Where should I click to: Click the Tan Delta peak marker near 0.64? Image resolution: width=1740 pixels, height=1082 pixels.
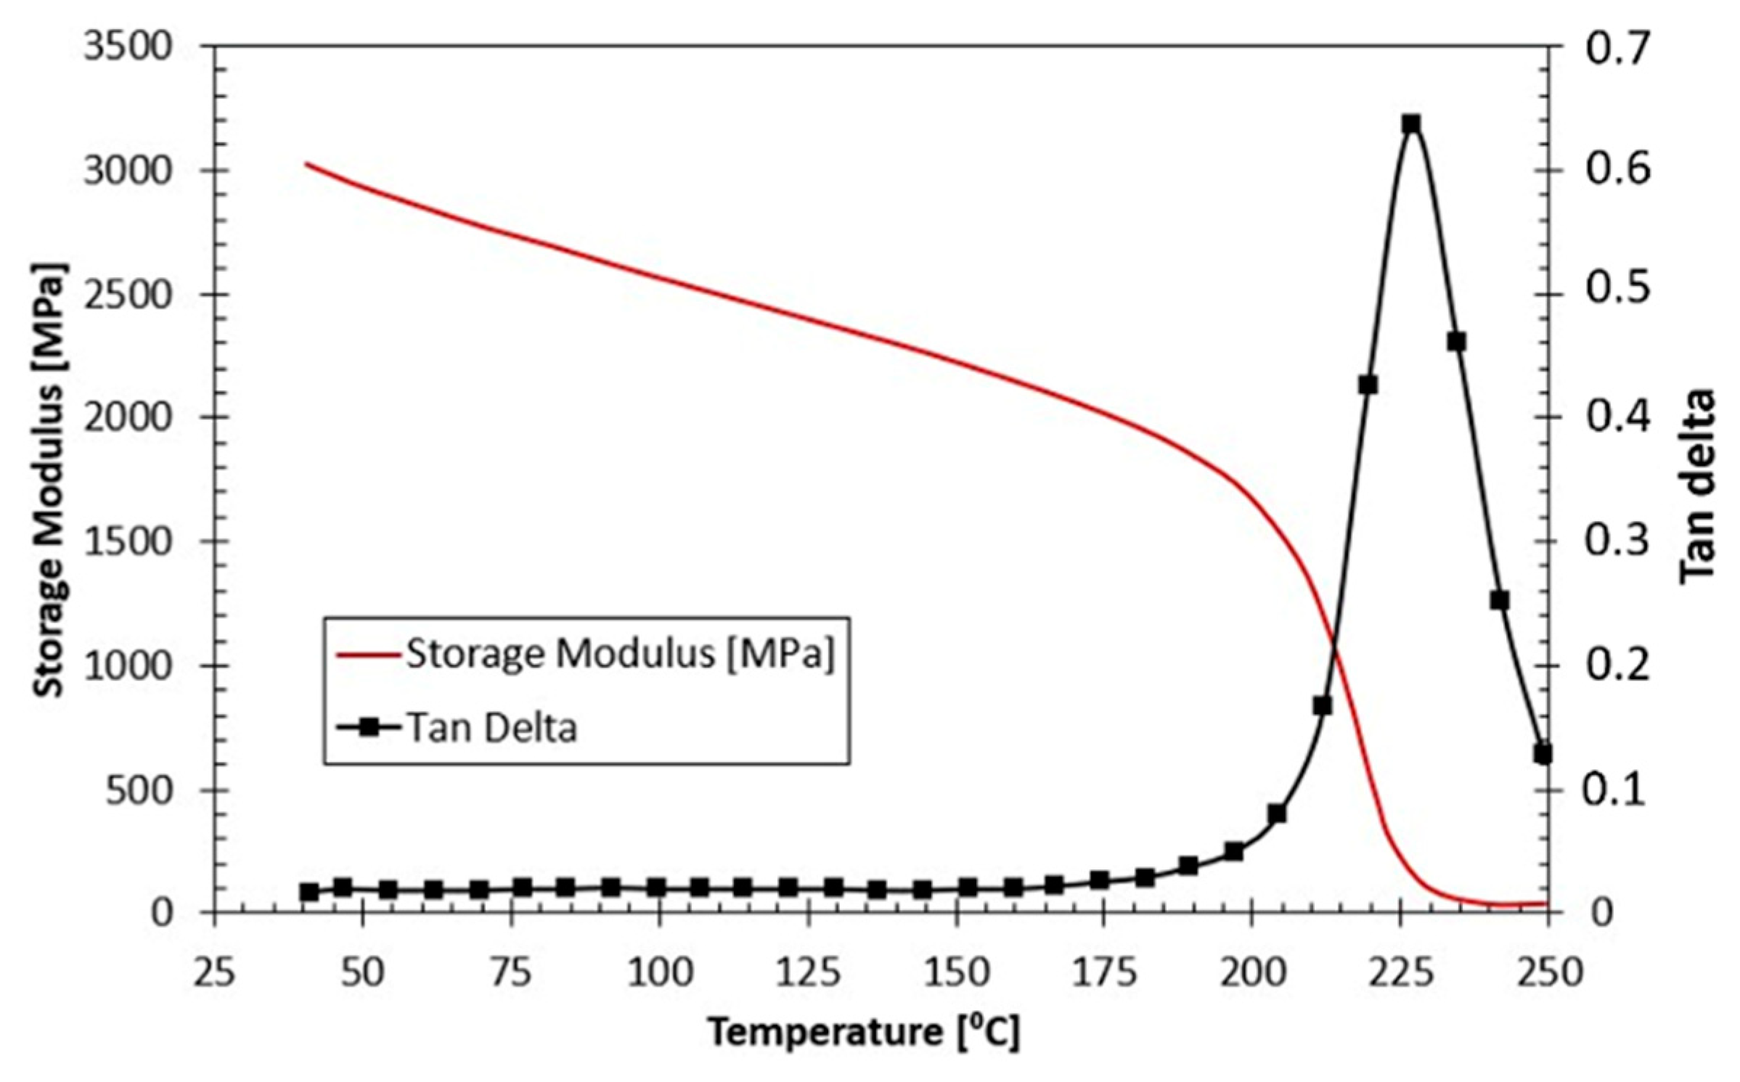point(1411,123)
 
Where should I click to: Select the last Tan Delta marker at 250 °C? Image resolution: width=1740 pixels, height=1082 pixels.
point(1543,754)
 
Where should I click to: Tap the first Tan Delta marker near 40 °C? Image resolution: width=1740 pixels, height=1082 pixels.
point(309,892)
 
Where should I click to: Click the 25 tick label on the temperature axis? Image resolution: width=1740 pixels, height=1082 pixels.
point(215,971)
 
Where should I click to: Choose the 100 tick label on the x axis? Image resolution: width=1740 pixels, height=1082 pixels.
point(658,971)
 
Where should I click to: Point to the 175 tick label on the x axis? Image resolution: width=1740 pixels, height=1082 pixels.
point(1103,971)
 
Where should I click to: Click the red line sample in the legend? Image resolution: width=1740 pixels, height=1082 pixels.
point(368,655)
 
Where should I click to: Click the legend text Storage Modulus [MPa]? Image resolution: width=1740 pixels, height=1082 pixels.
point(621,654)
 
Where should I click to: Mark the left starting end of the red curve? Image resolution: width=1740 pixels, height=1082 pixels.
point(306,163)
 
